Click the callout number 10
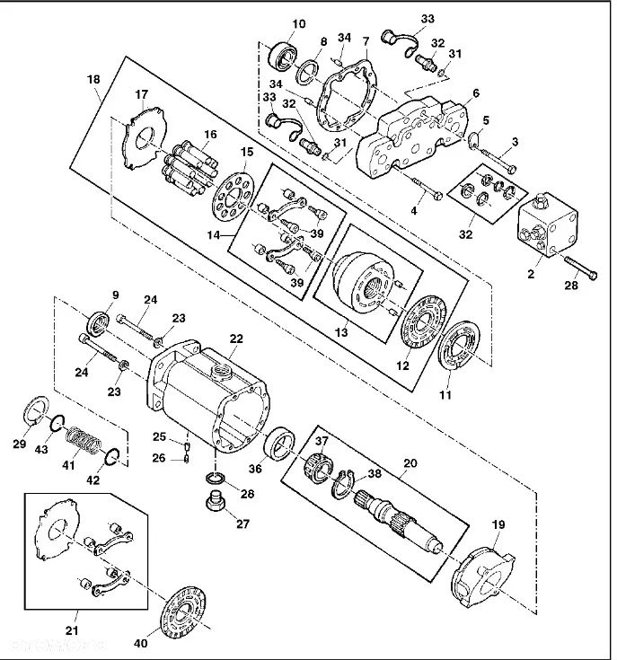point(298,24)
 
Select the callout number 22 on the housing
point(236,339)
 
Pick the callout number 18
point(93,80)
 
